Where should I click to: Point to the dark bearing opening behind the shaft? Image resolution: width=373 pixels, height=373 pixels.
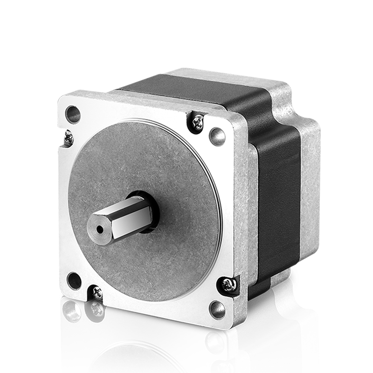tap(150, 212)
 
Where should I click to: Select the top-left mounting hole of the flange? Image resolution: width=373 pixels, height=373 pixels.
tap(73, 113)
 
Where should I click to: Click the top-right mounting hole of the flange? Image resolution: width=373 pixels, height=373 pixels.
tap(217, 136)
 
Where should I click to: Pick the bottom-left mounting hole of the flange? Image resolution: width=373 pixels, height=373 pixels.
tap(74, 281)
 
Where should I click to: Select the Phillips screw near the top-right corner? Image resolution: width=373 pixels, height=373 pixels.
tap(198, 123)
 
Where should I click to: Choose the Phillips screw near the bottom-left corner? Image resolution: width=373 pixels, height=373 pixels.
tap(97, 292)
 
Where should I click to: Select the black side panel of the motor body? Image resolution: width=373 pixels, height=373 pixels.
tap(280, 196)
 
